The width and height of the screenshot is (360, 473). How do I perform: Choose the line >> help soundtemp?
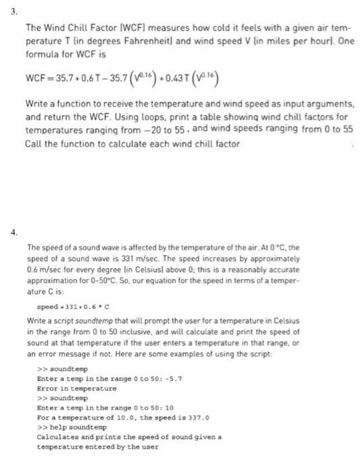(71, 428)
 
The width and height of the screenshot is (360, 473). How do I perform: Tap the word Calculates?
(60, 437)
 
